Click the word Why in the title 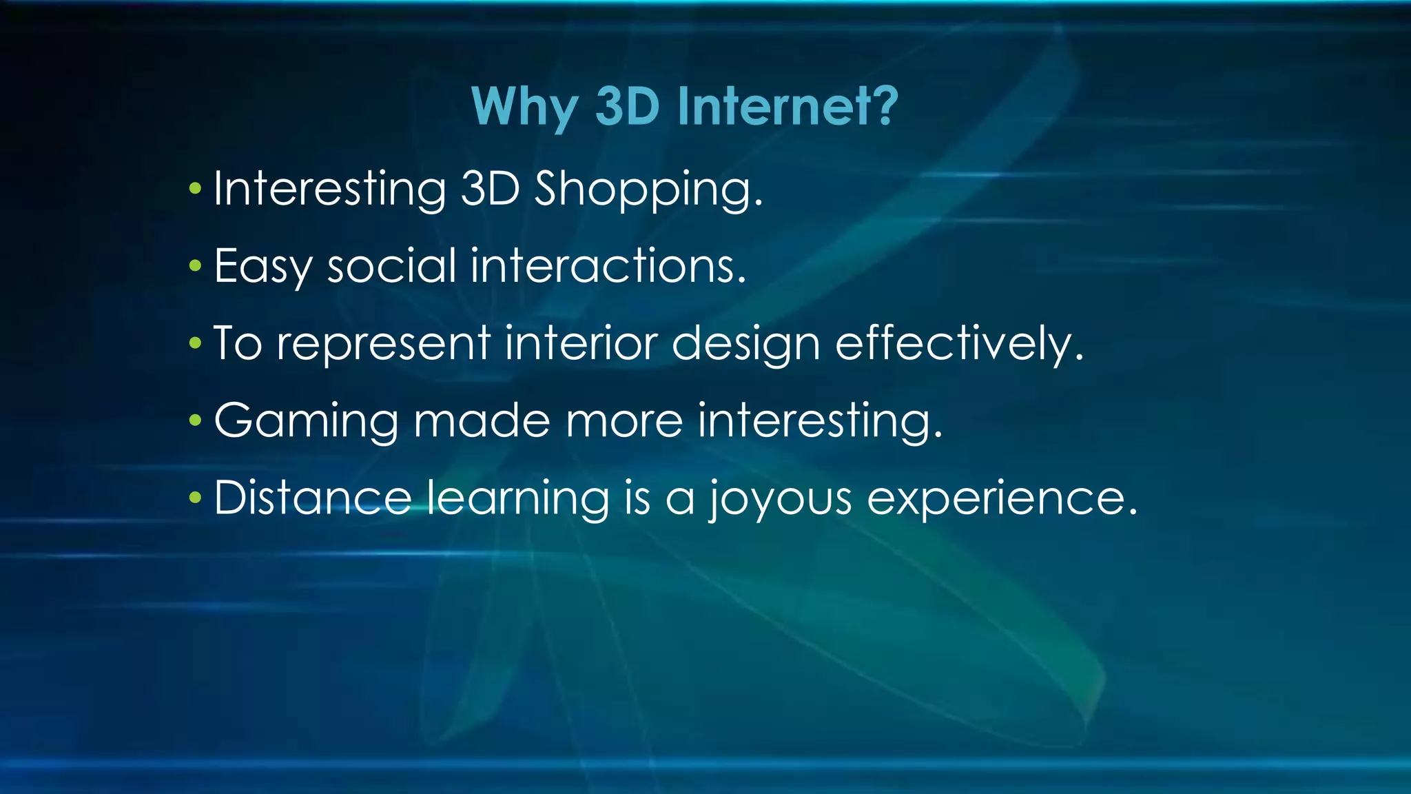pos(524,107)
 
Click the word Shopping pos(648,190)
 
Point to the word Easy pos(262,267)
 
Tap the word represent pos(383,344)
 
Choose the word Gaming pos(306,421)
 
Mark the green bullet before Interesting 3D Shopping pos(195,188)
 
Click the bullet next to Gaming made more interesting pos(195,420)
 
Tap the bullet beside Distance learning pos(195,497)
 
